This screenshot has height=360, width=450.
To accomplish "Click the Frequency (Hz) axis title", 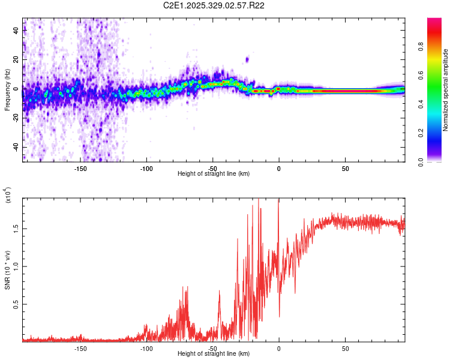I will pyautogui.click(x=7, y=90).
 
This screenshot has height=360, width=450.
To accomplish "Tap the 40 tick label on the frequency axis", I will pyautogui.click(x=16, y=31).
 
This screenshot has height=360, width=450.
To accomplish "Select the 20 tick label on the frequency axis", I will pyautogui.click(x=16, y=60).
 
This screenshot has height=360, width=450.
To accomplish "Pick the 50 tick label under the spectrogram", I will pyautogui.click(x=345, y=169).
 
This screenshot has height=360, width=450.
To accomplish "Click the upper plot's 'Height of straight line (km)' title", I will pyautogui.click(x=214, y=174).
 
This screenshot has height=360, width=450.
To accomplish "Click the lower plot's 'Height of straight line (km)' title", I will pyautogui.click(x=214, y=353).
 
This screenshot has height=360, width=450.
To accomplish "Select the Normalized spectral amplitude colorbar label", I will pyautogui.click(x=446, y=90).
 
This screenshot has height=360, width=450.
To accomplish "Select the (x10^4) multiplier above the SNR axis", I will pyautogui.click(x=8, y=195).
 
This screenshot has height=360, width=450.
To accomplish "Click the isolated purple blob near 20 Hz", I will pyautogui.click(x=247, y=59).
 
